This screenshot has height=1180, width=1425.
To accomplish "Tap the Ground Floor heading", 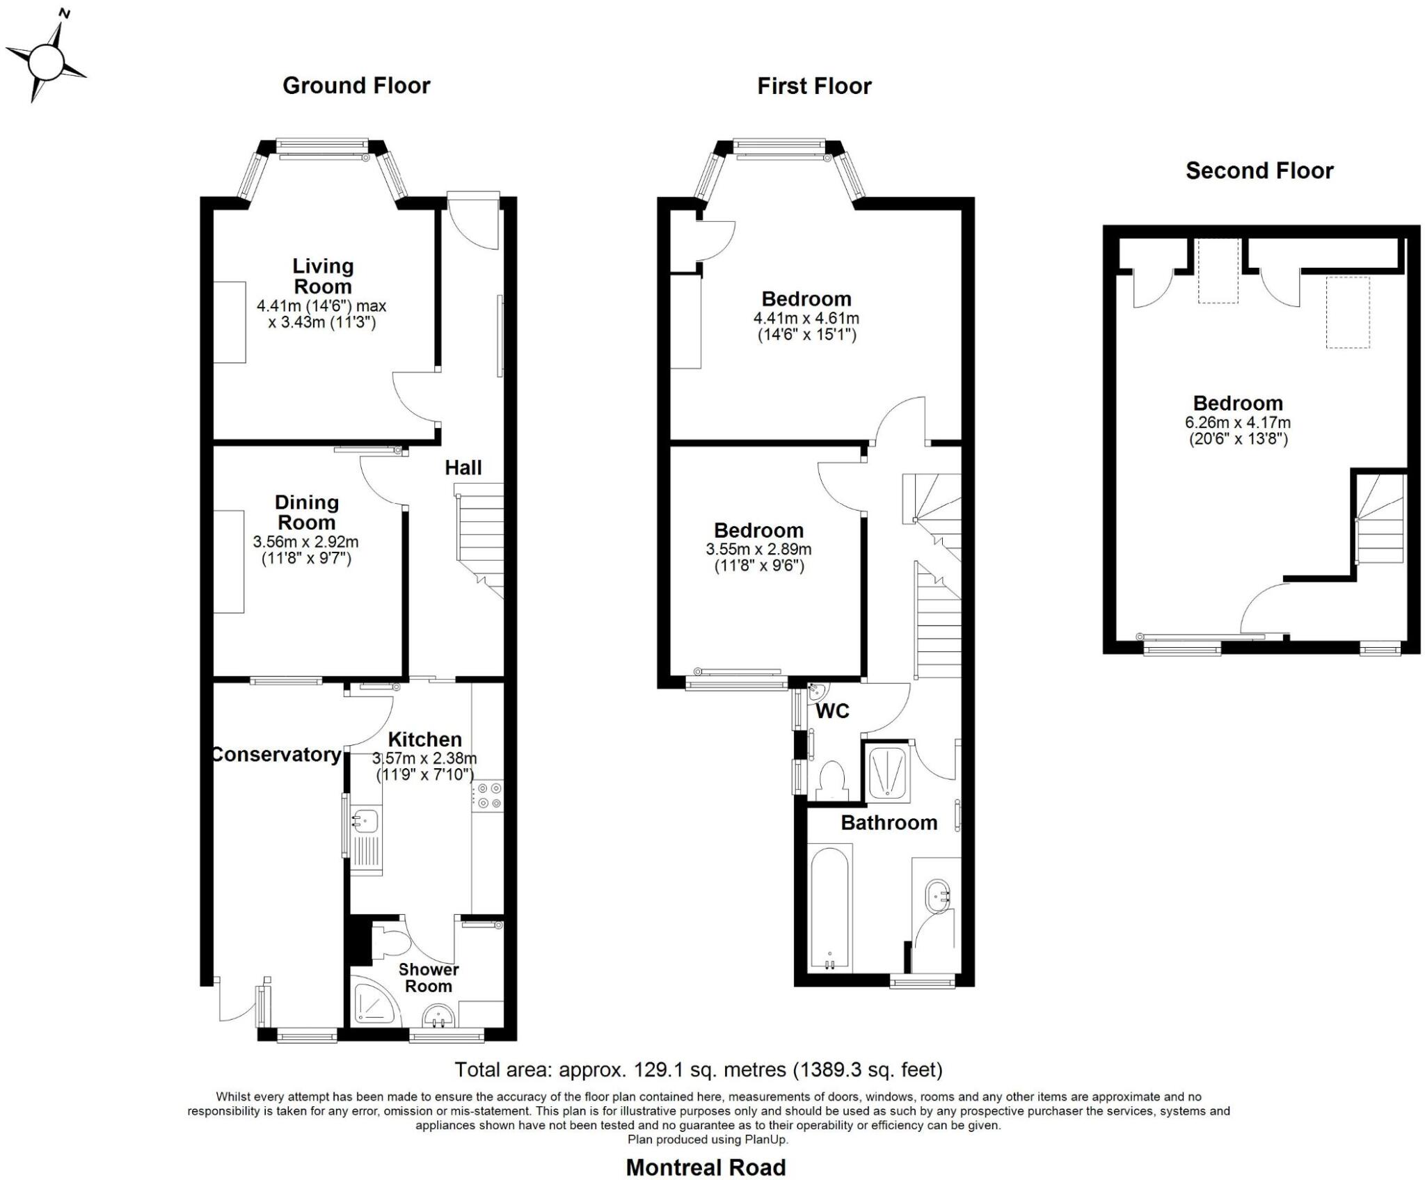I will click(356, 86).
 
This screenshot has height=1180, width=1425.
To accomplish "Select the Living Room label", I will click(322, 276).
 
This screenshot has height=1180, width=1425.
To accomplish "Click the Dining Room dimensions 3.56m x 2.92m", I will click(305, 542).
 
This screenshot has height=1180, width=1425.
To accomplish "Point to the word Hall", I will click(463, 468).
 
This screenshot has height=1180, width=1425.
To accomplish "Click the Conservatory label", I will click(276, 754).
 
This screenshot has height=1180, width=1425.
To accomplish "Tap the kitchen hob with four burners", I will click(488, 796).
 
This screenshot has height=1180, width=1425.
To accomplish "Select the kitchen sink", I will click(365, 822).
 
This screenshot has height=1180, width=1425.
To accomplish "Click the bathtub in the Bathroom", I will click(830, 907).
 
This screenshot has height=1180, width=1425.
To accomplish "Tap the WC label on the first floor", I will click(832, 711).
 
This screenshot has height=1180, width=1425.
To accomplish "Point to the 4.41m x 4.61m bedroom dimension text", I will click(806, 319).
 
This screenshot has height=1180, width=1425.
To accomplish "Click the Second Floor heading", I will click(1259, 171).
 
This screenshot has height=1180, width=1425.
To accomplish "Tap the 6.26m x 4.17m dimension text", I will click(1237, 422).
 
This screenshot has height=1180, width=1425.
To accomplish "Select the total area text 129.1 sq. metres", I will click(698, 1069).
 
